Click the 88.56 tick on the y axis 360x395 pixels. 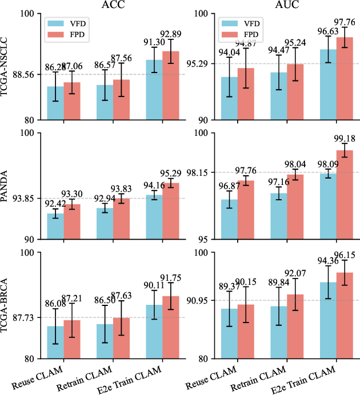point(30,75)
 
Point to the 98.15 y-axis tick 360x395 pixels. point(202,172)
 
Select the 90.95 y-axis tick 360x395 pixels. point(202,300)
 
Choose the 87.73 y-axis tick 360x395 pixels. point(30,317)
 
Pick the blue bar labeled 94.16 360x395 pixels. point(154,217)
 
